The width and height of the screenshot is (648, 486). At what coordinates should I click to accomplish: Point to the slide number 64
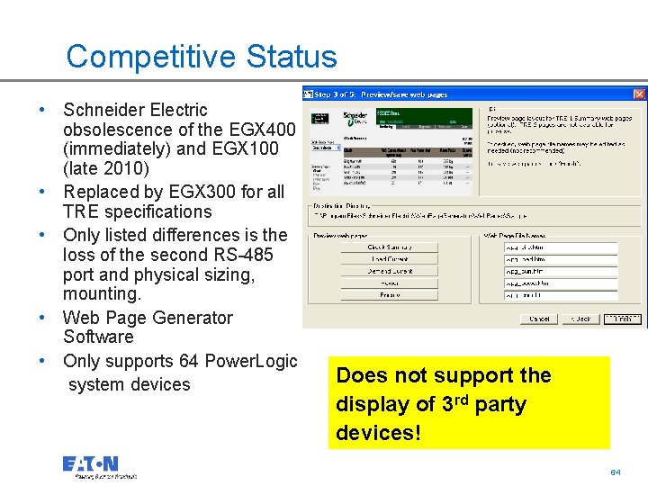616,472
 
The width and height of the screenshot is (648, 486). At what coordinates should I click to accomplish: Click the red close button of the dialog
639,94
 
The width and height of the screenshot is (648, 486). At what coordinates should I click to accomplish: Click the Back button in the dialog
583,319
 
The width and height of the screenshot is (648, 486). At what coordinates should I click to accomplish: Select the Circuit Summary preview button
390,247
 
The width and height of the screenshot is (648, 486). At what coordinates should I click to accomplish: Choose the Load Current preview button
390,259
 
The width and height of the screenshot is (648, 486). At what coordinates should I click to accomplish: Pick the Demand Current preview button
390,271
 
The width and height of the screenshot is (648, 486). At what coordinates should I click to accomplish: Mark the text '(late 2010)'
106,168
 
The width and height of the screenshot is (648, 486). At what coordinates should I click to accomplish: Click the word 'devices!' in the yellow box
378,433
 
